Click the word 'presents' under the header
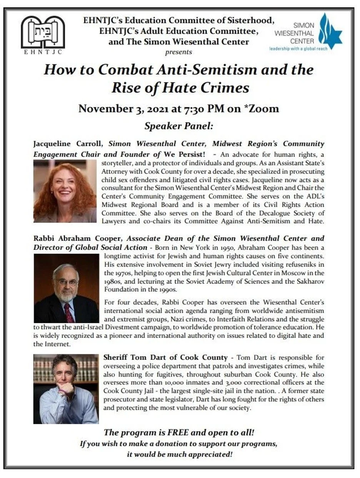[178, 52]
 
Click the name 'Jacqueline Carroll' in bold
[68, 144]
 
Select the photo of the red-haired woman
[65, 191]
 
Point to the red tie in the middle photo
[70, 312]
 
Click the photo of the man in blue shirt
[66, 389]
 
